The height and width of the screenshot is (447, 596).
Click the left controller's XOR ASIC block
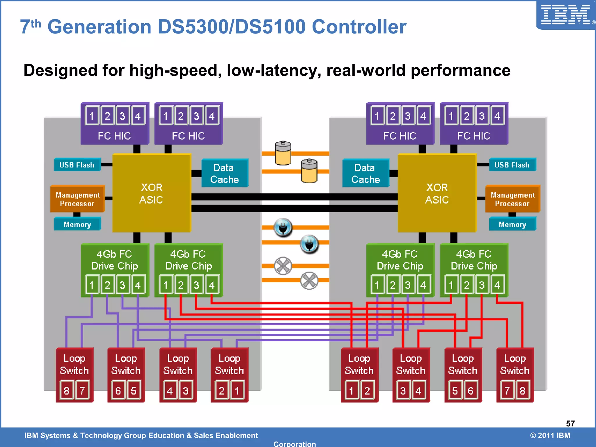151,193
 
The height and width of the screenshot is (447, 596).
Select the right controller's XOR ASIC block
437,193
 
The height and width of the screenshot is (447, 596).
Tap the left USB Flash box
77,165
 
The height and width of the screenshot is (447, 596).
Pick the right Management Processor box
512,199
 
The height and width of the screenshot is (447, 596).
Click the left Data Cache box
224,173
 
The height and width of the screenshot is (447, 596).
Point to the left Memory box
77,224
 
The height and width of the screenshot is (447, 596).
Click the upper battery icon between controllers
283,153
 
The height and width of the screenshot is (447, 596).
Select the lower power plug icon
309,244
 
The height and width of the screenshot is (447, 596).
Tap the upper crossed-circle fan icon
283,266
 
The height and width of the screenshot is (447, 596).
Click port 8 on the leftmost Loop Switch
67,390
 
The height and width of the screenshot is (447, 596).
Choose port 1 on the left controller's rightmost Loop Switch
237,390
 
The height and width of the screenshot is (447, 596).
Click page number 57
570,423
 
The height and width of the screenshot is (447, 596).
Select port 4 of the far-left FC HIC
138,116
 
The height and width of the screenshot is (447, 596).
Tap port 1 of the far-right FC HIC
451,116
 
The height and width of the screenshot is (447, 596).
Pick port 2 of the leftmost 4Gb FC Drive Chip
107,285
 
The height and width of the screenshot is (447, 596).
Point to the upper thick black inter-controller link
294,197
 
